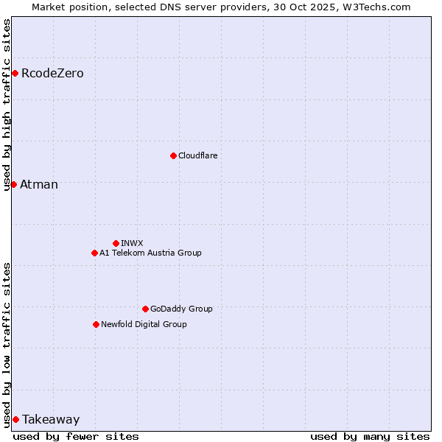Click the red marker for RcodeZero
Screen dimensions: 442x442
15,73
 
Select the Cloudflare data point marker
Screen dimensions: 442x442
173,155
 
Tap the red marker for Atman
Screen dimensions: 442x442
13,184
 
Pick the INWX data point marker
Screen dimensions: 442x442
116,243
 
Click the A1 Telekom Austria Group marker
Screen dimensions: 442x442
94,253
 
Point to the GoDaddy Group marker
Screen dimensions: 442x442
145,309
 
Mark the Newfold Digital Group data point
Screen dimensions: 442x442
96,324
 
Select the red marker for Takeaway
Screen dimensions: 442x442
15,419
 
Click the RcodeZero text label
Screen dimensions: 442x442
52,74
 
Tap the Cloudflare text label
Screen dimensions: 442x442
197,156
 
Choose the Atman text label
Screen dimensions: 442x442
39,185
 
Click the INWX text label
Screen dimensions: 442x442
132,244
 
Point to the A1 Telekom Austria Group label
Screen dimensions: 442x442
150,253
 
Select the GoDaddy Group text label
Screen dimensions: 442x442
181,309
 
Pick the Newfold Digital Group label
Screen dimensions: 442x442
144,325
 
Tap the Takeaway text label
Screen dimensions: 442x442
51,420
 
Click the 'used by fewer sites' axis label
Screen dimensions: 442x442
76,436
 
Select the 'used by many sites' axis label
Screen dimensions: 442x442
370,436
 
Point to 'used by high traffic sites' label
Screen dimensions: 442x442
7,105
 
